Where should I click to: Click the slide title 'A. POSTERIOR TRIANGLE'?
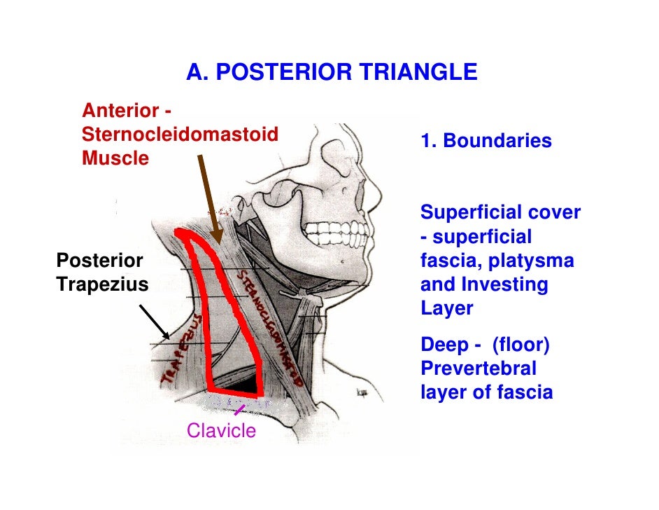click(332, 72)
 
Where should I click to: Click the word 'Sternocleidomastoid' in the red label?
click(180, 134)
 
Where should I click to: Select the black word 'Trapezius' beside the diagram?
click(102, 284)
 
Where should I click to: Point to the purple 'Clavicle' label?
click(221, 431)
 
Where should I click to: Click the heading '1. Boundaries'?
click(486, 142)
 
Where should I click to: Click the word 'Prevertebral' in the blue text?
click(478, 369)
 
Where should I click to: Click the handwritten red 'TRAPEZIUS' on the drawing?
click(180, 350)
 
